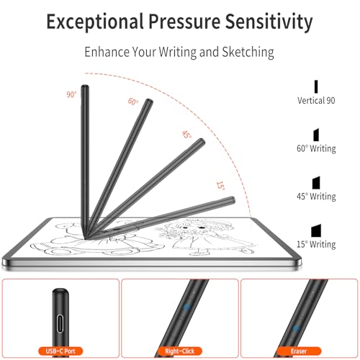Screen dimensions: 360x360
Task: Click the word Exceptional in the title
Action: [95, 22]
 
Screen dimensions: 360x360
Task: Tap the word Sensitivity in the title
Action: [269, 22]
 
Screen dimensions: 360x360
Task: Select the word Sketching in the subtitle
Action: [248, 52]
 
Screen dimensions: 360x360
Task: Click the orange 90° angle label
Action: [71, 94]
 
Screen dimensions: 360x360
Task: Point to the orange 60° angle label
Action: [133, 102]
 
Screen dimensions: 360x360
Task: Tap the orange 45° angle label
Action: [186, 135]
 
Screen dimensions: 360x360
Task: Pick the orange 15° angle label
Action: [220, 186]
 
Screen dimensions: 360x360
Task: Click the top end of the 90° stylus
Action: [85, 86]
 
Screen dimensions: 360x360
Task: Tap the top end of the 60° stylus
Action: [150, 100]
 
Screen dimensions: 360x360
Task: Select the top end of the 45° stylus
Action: [202, 140]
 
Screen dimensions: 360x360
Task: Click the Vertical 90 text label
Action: [316, 100]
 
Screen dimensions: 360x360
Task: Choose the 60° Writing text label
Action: [316, 148]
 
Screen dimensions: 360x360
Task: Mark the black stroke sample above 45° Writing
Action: [316, 183]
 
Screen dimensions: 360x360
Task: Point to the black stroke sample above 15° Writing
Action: [316, 231]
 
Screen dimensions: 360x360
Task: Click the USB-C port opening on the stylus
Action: [60, 323]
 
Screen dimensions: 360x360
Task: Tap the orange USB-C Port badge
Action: [60, 351]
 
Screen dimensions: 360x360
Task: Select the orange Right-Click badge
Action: [179, 351]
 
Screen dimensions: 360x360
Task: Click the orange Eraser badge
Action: [299, 351]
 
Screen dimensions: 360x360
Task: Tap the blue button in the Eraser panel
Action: [296, 328]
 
